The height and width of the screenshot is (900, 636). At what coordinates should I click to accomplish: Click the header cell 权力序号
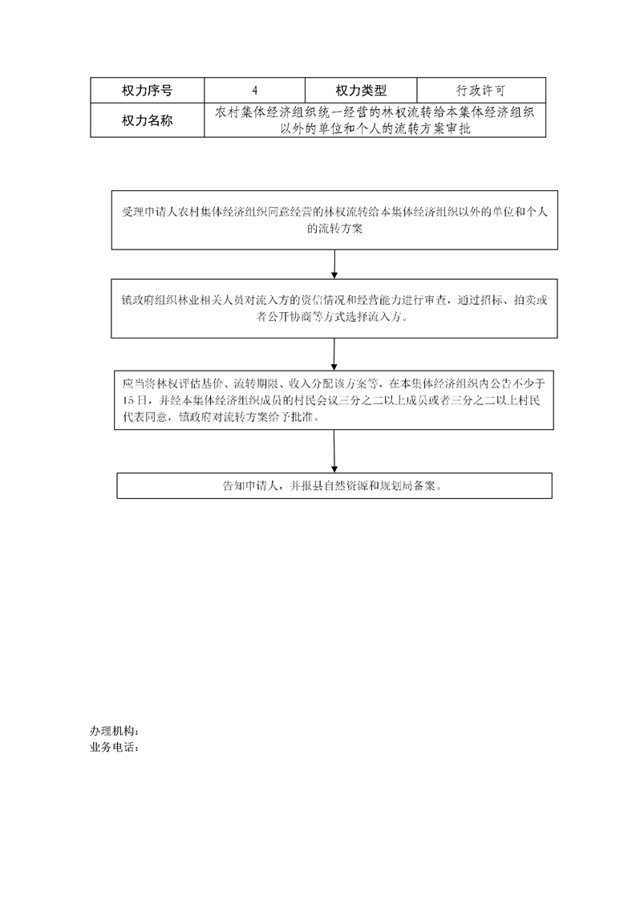coord(147,90)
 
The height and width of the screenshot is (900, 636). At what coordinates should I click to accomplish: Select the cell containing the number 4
coord(254,90)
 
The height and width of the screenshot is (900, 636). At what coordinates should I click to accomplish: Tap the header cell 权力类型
coord(360,90)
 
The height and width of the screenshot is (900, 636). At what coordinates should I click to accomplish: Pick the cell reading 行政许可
coord(481,90)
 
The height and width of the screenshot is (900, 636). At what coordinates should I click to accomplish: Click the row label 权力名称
coord(147,120)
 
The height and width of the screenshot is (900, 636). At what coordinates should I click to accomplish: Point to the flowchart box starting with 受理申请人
coord(334,220)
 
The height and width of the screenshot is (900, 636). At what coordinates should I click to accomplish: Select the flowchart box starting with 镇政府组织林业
coord(334,308)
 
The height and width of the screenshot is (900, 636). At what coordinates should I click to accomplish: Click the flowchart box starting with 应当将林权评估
coord(334,400)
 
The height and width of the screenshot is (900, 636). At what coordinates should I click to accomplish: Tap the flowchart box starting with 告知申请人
coord(334,485)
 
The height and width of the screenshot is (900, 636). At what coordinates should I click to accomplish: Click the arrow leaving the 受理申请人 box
coord(334,264)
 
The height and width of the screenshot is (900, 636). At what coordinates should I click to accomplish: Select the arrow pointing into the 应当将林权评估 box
coord(334,355)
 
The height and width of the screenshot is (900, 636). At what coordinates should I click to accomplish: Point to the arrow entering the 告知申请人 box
coord(334,451)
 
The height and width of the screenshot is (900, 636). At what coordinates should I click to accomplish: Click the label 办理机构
coord(115,731)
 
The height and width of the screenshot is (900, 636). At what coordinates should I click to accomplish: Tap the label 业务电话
coord(115,748)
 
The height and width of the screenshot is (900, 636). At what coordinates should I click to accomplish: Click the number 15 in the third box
coord(128,400)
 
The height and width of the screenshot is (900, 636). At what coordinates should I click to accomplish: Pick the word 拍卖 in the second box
coord(525,300)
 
